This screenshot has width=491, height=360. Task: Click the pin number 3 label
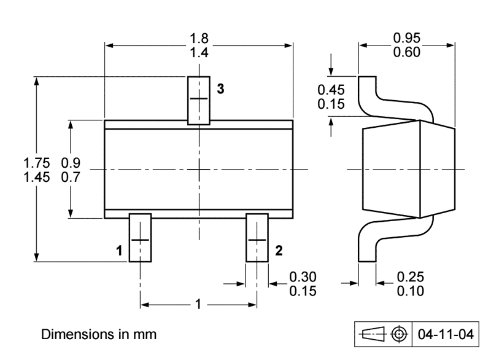pyautogui.click(x=220, y=88)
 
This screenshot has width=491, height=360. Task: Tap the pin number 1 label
pyautogui.click(x=120, y=250)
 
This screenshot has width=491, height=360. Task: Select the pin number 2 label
pyautogui.click(x=279, y=250)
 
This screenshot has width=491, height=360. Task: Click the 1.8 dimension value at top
pyautogui.click(x=199, y=40)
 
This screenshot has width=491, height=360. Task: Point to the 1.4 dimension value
pyautogui.click(x=199, y=53)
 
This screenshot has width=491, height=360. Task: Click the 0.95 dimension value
pyautogui.click(x=407, y=39)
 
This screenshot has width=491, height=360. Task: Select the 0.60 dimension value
pyautogui.click(x=407, y=52)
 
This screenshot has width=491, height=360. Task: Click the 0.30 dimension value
pyautogui.click(x=303, y=278)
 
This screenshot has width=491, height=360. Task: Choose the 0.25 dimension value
pyautogui.click(x=410, y=278)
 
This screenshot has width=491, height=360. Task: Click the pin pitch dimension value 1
pyautogui.click(x=198, y=304)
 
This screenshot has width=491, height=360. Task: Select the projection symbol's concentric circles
pyautogui.click(x=400, y=334)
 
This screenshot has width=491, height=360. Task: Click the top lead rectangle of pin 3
pyautogui.click(x=199, y=100)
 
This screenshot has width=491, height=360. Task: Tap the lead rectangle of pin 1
pyautogui.click(x=140, y=238)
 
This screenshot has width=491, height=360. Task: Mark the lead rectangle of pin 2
pyautogui.click(x=257, y=238)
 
